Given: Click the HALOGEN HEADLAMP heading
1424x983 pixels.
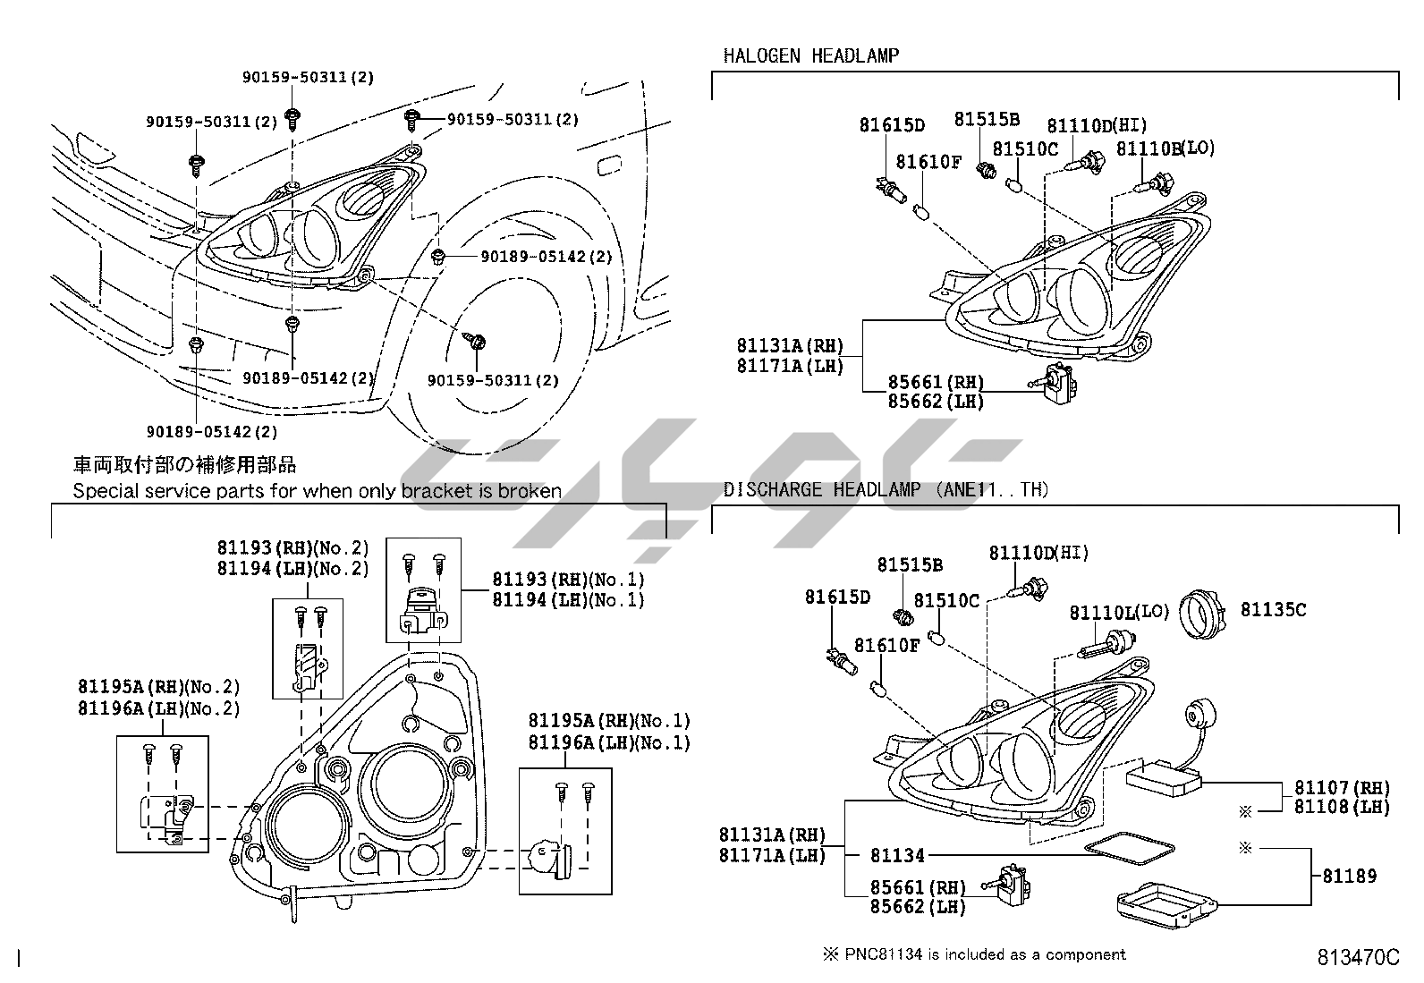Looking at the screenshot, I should tap(810, 55).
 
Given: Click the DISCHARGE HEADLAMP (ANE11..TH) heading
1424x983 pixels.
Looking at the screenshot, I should tap(886, 489).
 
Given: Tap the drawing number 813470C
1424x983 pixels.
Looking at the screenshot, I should tap(1357, 957).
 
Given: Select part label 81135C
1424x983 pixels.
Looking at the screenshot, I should tap(1273, 610).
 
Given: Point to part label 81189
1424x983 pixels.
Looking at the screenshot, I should tap(1350, 876).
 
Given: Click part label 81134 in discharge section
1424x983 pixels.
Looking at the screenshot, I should tap(897, 856).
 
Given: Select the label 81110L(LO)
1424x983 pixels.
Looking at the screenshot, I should tap(1119, 613).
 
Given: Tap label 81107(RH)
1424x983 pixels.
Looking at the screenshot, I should tap(1343, 788).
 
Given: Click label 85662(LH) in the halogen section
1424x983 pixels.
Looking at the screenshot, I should tap(936, 402).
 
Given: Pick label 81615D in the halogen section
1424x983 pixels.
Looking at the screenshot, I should tap(892, 126).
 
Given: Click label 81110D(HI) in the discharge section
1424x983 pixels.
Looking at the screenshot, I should tap(1038, 554).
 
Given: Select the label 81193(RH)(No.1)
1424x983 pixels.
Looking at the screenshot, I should tap(568, 580).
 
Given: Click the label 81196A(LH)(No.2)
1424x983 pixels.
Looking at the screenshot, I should tap(159, 708).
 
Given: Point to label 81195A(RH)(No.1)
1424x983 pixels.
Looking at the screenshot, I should tap(609, 721).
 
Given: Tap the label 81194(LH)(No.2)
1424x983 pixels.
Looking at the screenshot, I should tap(292, 568).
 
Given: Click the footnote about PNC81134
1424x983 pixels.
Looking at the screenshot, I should tap(974, 954).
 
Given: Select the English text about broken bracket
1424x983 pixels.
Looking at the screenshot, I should tap(317, 490).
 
